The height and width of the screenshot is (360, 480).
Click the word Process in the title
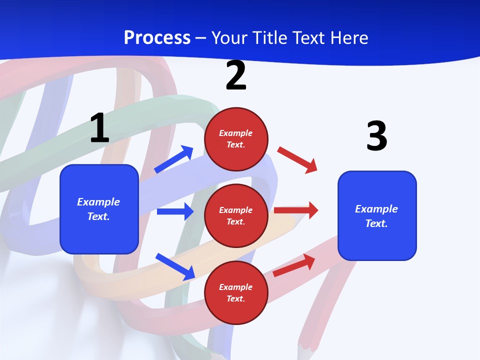pyautogui.click(x=157, y=37)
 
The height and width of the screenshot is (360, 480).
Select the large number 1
pyautogui.click(x=99, y=128)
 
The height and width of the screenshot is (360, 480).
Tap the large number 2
pyautogui.click(x=236, y=75)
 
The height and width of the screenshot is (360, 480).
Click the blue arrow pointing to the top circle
pyautogui.click(x=173, y=159)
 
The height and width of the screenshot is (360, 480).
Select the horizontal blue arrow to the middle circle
pyautogui.click(x=175, y=211)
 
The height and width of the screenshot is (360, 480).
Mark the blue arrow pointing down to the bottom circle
pyautogui.click(x=175, y=266)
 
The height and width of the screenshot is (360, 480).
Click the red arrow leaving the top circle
pyautogui.click(x=297, y=159)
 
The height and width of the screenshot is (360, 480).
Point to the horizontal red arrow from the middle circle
pyautogui.click(x=296, y=210)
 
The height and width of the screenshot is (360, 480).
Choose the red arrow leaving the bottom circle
pyautogui.click(x=294, y=265)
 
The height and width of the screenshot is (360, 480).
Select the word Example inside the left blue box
pyautogui.click(x=98, y=202)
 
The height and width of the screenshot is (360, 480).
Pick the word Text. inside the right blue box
pyautogui.click(x=376, y=223)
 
